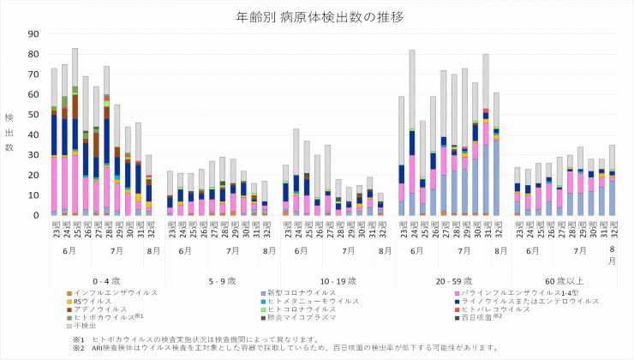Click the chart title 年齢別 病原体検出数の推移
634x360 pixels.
318,16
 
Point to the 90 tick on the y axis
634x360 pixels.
33,34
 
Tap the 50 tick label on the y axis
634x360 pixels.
33,115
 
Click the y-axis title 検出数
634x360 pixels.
9,131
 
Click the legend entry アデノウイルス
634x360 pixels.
99,309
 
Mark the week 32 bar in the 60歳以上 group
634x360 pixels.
612,180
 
